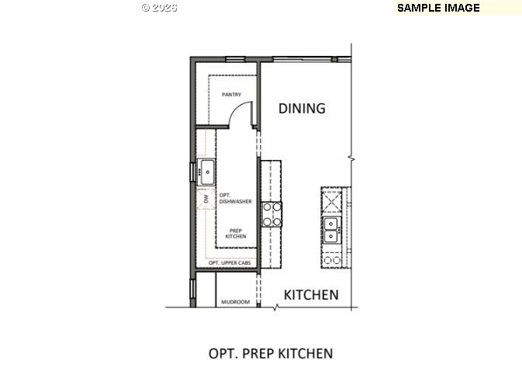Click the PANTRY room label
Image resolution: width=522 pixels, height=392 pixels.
pos(231,95)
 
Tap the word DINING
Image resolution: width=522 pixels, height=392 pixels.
pos(302,108)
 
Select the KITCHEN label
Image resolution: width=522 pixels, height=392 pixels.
pos(310,295)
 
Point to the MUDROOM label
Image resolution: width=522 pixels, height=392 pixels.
pos(235,302)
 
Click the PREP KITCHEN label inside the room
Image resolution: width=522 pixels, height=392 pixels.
pos(236,232)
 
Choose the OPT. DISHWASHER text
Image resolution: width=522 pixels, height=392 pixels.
pos(235,198)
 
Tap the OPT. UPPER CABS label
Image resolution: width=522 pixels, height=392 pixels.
pos(230,264)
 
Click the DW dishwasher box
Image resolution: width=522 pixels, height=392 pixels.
pos(206,199)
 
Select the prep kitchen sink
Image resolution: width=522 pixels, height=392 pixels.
pos(206,172)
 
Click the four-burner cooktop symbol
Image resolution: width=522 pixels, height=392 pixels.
pos(271,213)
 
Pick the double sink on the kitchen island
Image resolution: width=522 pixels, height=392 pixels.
pos(331,230)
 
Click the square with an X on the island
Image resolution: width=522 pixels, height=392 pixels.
pos(333,201)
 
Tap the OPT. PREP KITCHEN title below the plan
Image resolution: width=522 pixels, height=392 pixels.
pos(271,354)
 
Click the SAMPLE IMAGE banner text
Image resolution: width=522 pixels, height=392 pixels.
pos(438,8)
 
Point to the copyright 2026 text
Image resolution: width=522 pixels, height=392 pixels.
pos(159,8)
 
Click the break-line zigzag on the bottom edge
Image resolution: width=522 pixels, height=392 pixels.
pos(275,307)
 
